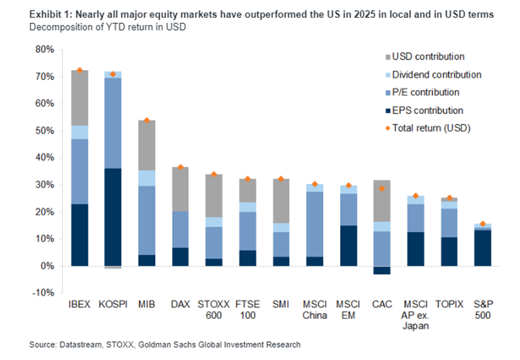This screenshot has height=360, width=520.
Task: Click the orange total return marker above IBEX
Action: [80, 70]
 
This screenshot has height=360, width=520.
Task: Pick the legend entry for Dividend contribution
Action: [435, 75]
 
